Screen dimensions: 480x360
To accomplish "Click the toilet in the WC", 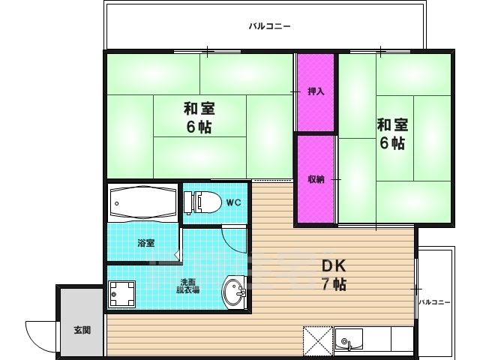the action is [202, 202].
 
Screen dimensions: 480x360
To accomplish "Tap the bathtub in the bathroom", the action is [142, 202].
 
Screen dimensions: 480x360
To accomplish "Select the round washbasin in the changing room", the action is [234, 292].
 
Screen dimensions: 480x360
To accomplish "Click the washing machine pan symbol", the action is [121, 294].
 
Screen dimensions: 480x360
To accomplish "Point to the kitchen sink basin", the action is [349, 340].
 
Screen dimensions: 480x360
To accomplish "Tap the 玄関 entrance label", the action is [82, 330].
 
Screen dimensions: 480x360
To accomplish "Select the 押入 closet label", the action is [316, 91].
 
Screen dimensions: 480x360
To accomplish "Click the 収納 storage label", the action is [316, 179].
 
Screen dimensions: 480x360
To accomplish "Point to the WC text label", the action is [234, 202].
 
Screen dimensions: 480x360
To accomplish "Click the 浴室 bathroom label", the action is [146, 243].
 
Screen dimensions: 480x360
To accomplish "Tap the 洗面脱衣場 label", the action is [188, 286].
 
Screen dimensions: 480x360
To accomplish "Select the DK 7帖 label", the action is [334, 275].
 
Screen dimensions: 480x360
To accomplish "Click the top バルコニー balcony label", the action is [269, 26].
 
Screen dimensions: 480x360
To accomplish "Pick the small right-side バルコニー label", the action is [434, 302].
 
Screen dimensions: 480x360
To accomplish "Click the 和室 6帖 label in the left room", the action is [199, 118].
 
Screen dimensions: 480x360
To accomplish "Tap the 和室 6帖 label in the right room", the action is [392, 133].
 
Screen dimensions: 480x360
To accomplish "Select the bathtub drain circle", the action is [117, 203].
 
